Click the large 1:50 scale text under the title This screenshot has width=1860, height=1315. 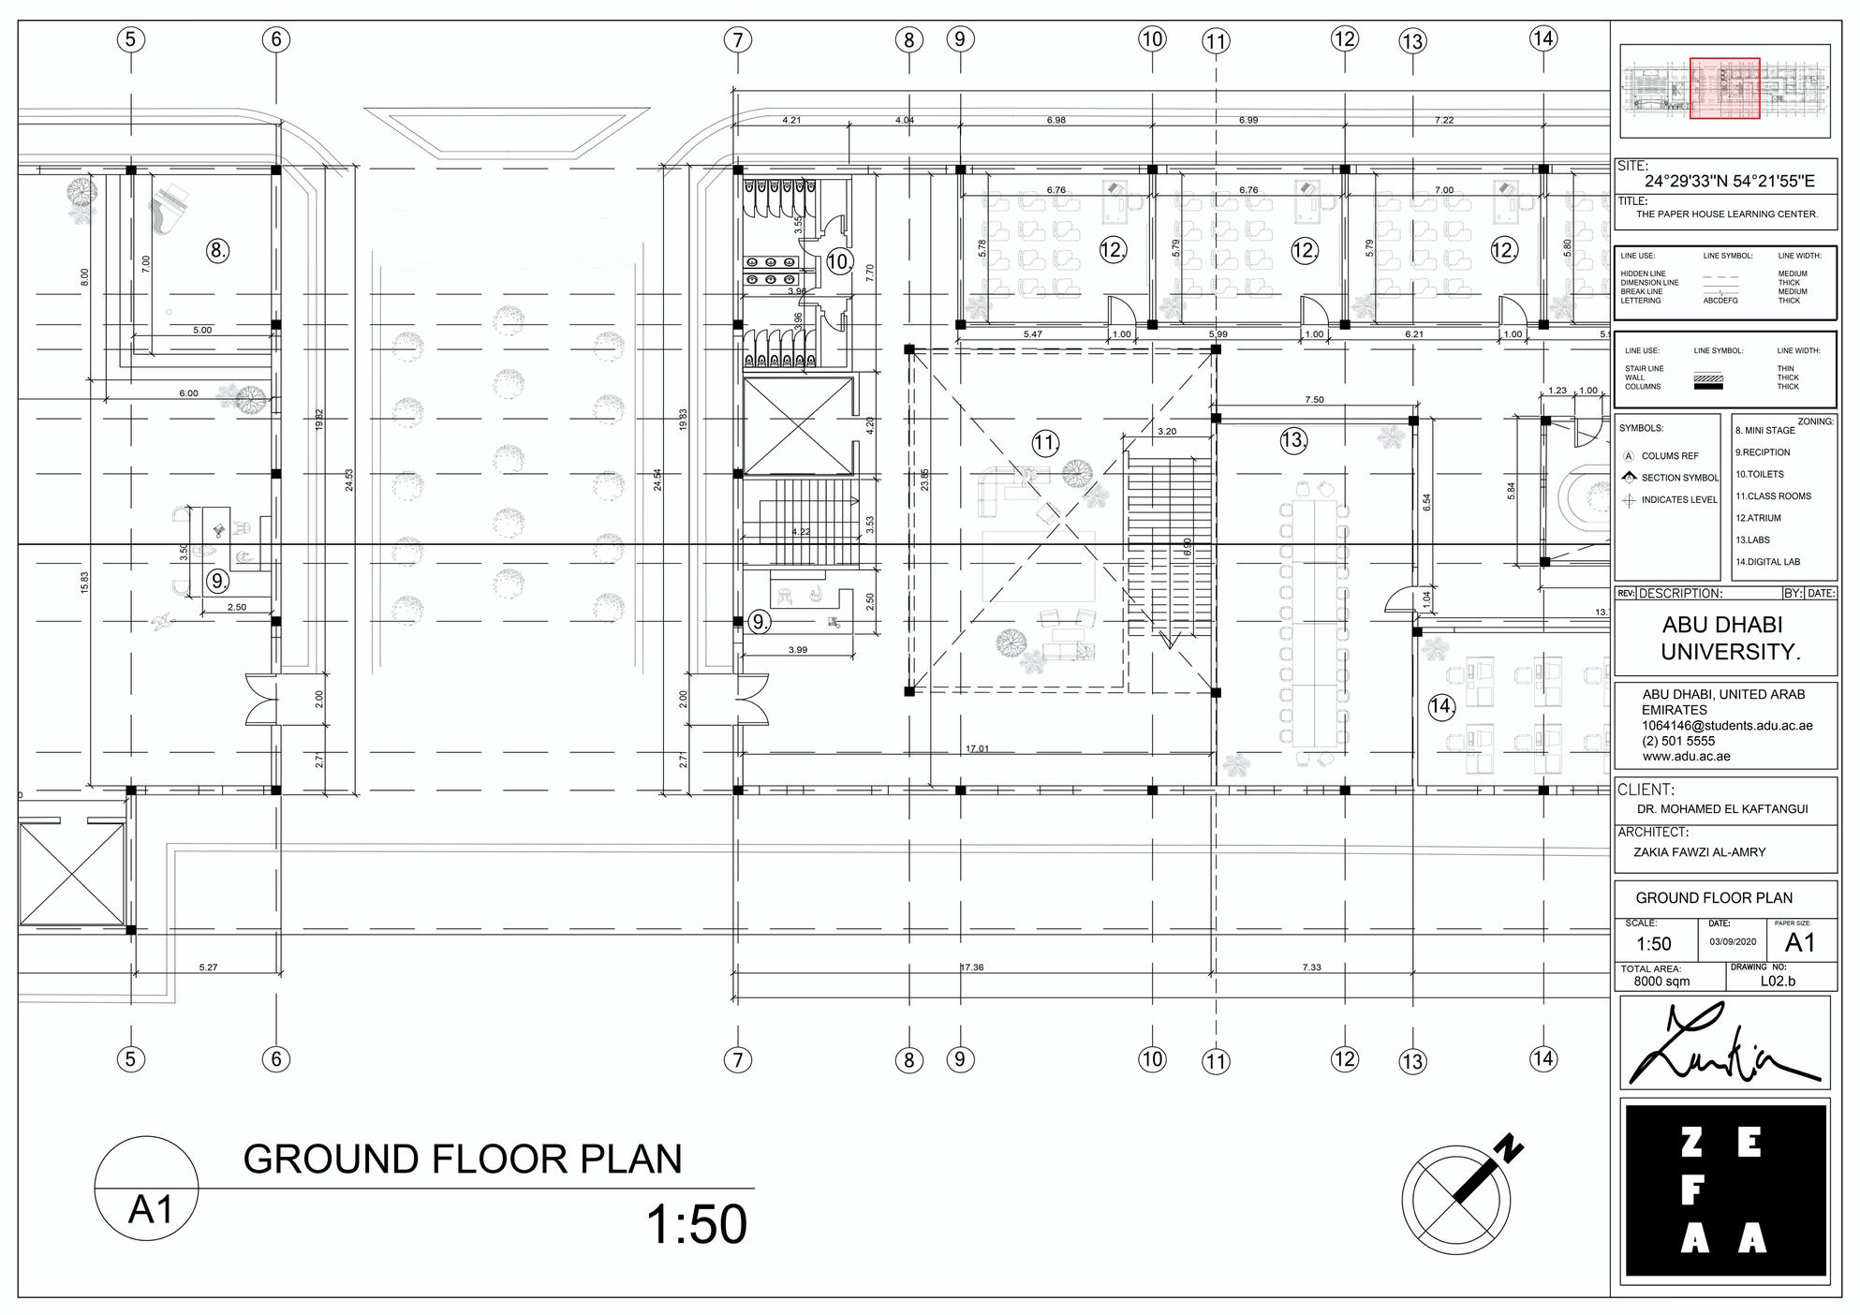pos(697,1225)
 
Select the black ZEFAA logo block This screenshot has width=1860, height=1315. pos(1725,1190)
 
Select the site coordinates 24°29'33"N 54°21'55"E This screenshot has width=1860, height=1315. pos(1729,182)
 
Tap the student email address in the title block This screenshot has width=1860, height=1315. pos(1727,726)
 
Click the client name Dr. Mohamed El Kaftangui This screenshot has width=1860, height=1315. pos(1721,809)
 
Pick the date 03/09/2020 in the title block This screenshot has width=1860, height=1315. pos(1733,942)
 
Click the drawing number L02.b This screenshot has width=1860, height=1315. pos(1778,982)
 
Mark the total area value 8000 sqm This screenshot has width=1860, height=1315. pos(1661,982)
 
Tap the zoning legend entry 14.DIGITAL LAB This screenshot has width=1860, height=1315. pos(1767,562)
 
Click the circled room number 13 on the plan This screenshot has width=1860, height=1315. pos(1293,439)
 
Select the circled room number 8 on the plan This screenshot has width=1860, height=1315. pos(217,250)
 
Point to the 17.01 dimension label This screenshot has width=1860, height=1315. pos(977,748)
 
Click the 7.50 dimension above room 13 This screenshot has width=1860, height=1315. pos(1314,400)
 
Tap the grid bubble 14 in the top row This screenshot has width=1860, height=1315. pos(1543,38)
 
